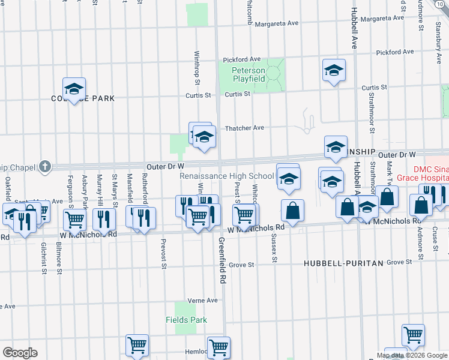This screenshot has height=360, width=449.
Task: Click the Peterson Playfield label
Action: (249, 74)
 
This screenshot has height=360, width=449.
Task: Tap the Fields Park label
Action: (187, 320)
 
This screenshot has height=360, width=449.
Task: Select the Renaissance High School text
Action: (227, 176)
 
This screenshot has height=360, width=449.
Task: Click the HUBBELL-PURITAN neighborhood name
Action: (344, 263)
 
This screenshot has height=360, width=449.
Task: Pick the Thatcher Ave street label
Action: (244, 128)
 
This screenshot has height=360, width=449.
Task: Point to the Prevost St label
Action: (163, 254)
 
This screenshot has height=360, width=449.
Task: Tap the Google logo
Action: (20, 353)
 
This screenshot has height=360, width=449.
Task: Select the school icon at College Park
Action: (74, 89)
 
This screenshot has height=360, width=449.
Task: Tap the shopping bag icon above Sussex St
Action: (293, 211)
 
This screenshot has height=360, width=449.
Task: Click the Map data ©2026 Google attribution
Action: (411, 355)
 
